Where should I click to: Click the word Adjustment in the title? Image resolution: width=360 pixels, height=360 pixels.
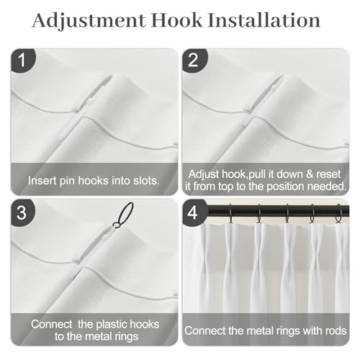pos(89,21)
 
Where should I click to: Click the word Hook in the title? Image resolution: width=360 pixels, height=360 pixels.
pos(177,20)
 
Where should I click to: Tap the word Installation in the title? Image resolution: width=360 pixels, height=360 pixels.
pos(264,20)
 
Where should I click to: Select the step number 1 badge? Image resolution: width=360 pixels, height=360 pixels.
pos(22,60)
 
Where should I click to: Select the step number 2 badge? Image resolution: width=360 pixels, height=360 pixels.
pos(194,60)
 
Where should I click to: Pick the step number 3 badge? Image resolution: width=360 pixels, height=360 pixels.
pos(22,212)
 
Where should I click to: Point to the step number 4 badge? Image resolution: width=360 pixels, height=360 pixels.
pos(194,212)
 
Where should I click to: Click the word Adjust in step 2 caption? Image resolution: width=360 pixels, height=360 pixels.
pos(203,174)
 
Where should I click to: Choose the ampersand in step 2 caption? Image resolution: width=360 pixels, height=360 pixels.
pos(310,174)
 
